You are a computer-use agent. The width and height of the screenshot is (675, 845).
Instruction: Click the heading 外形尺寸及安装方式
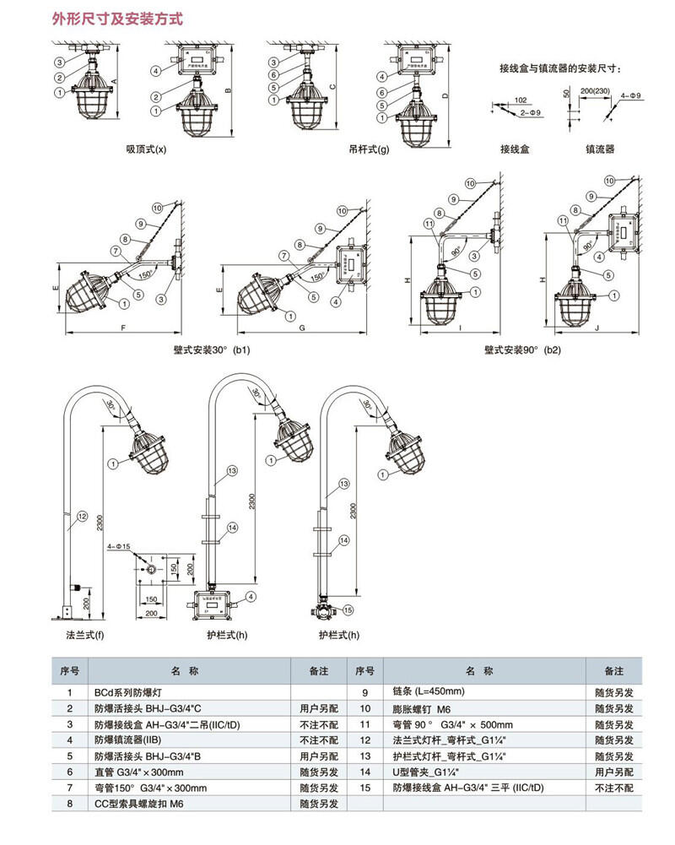pos(117,19)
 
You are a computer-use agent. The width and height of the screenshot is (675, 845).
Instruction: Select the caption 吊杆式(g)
pos(369,149)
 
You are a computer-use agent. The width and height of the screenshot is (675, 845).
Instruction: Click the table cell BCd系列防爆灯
pos(126,691)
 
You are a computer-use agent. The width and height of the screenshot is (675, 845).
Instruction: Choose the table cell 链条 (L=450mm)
pos(429,691)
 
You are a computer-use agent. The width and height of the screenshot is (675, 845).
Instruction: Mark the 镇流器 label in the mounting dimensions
pos(600,149)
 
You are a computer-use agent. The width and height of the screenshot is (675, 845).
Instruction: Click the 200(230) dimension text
pos(597,90)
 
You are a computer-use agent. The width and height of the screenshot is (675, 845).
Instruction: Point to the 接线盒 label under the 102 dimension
pos(514,149)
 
